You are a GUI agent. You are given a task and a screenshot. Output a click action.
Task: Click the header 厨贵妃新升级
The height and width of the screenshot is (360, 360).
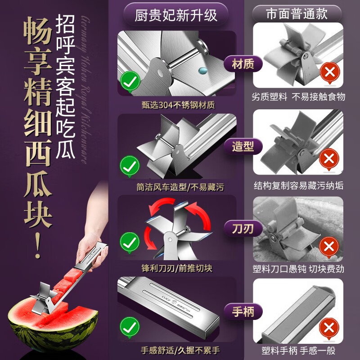click(176, 15)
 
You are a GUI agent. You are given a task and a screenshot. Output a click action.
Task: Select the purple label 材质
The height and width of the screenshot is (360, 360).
click(243, 64)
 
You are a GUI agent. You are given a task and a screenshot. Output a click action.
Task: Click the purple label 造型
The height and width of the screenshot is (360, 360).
click(243, 146)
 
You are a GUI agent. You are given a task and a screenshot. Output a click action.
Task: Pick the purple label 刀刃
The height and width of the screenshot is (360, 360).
click(243, 229)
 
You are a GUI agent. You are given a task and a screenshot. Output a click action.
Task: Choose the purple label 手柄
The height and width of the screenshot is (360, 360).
click(243, 311)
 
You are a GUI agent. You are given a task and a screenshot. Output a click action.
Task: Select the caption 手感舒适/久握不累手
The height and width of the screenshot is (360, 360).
click(177, 350)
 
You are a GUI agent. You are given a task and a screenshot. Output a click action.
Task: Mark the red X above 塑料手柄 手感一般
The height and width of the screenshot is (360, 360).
click(329, 328)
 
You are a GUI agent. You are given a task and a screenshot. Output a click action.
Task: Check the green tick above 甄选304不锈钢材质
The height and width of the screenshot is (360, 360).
click(130, 81)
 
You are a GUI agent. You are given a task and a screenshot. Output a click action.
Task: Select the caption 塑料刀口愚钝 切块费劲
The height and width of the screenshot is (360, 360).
click(299, 269)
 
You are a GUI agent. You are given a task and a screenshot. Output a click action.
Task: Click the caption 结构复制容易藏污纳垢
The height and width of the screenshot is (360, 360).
click(299, 186)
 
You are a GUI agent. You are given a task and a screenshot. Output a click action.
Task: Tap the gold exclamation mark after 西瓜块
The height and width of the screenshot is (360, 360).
click(38, 245)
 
